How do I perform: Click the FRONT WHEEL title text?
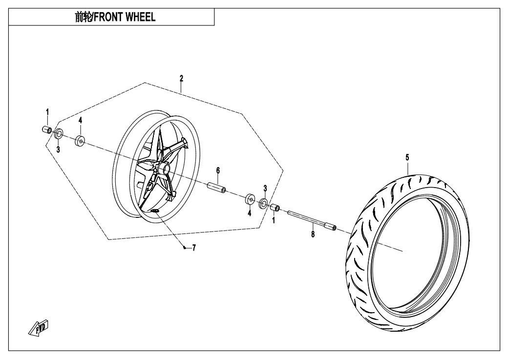tap(115, 18)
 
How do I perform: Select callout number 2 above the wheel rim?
tap(181, 78)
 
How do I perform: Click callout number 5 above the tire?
tap(407, 157)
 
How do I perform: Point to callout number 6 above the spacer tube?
tap(218, 170)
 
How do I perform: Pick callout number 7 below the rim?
tap(193, 248)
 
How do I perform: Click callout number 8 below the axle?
tap(313, 234)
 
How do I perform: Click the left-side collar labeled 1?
tap(47, 129)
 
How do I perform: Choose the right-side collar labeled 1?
tap(275, 209)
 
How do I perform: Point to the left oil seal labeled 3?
tap(58, 134)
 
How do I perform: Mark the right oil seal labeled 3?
tap(263, 204)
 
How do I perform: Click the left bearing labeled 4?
tap(80, 141)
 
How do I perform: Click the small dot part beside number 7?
tap(184, 248)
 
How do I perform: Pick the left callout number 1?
tap(48, 112)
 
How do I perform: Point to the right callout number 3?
tap(265, 188)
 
